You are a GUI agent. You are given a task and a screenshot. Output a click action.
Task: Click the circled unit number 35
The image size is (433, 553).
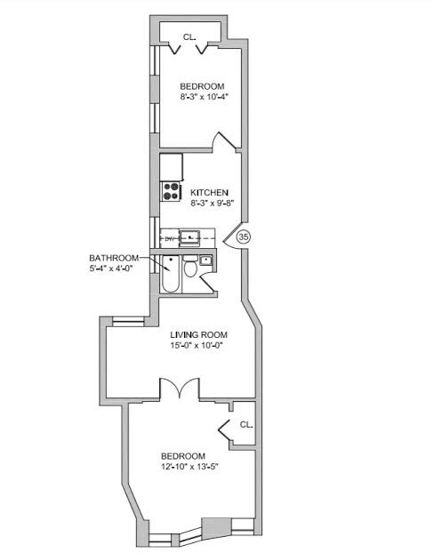244,237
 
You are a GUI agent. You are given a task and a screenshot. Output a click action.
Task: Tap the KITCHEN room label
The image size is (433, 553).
210,193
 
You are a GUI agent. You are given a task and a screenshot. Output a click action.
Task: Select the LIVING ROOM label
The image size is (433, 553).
199,334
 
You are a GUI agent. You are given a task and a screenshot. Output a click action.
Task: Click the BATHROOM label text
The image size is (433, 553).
114,258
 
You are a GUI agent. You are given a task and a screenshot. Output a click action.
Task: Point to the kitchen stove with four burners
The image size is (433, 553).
171,191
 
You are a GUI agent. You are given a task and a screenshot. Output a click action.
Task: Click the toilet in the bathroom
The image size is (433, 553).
191,266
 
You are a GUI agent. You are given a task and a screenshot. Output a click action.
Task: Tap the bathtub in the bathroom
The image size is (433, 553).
171,274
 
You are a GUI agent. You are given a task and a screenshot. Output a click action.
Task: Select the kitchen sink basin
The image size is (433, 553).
189,238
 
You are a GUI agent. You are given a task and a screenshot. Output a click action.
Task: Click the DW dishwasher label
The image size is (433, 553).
170,239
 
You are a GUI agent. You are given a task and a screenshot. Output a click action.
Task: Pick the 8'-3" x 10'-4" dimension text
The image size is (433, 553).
203,97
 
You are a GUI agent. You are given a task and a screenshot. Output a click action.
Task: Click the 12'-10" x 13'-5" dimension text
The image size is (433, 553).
189,467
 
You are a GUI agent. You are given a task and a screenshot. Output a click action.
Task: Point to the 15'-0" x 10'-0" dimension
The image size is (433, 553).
197,346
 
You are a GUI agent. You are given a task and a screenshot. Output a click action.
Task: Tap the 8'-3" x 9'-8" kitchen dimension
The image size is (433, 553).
212,203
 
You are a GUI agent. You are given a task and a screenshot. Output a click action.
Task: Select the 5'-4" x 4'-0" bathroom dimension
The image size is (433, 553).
110,268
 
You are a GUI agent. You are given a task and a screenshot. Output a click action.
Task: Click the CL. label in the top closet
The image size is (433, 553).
189,36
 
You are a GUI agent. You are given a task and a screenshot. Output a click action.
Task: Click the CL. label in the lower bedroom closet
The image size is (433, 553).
246,425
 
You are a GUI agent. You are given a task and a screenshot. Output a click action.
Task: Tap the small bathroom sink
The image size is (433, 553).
205,260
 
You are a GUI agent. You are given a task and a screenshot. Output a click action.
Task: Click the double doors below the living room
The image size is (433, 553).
180,389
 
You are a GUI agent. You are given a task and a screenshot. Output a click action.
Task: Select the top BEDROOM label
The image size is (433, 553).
202,86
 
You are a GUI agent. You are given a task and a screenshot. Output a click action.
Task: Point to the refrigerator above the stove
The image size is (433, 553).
172,167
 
